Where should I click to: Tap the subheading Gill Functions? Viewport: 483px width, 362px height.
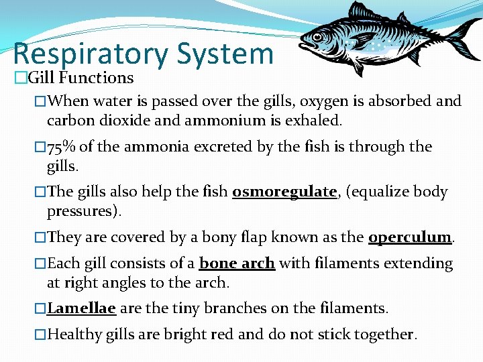80,78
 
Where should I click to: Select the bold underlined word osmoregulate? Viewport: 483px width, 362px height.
284,192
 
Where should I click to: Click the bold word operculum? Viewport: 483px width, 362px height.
409,237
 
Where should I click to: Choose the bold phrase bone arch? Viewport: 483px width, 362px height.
237,263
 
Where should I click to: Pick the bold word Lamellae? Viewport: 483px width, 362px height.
82,308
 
